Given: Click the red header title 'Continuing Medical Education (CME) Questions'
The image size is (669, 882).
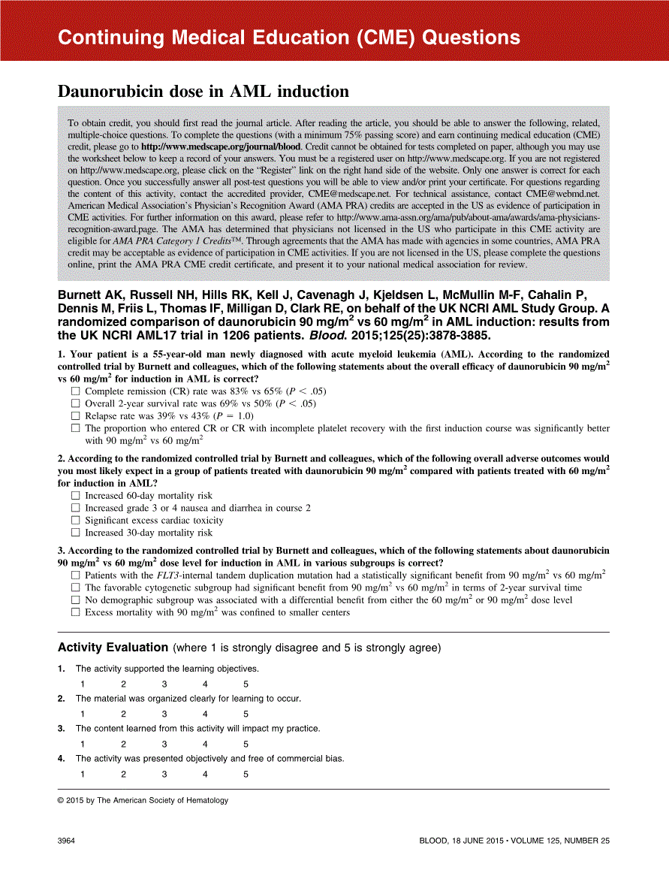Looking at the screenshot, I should tap(288, 38).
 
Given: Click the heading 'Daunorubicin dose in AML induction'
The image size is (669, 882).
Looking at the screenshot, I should tap(203, 92).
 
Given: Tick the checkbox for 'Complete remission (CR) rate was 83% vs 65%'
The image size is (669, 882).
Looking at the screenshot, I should tap(75, 391).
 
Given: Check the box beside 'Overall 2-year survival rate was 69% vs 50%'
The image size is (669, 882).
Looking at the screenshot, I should tap(75, 403).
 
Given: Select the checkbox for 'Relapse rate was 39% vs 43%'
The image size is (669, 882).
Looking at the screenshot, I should tap(75, 415).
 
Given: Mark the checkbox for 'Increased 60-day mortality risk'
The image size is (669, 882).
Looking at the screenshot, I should tap(75, 496).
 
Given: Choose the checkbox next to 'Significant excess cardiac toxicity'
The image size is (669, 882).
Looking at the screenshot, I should tap(75, 520).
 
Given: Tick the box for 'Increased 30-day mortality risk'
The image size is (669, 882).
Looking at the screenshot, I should tap(75, 533).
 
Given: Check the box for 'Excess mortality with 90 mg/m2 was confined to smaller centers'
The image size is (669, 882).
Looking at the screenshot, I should tap(75, 612).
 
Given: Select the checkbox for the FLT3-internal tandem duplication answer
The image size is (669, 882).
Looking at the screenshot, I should tap(75, 575).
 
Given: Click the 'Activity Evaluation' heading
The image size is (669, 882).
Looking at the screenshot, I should tap(113, 648).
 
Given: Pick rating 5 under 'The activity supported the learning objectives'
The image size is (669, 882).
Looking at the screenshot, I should tap(246, 684).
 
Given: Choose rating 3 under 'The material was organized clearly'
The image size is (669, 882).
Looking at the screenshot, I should tap(164, 714).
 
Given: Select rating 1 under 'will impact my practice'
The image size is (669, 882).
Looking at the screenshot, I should tap(83, 744).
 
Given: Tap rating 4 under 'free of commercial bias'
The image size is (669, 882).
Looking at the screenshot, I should tap(205, 775).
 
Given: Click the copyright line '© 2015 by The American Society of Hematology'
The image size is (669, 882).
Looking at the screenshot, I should tap(143, 801).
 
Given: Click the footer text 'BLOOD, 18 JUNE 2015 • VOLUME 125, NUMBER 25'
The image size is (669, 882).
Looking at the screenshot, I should tap(514, 841).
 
